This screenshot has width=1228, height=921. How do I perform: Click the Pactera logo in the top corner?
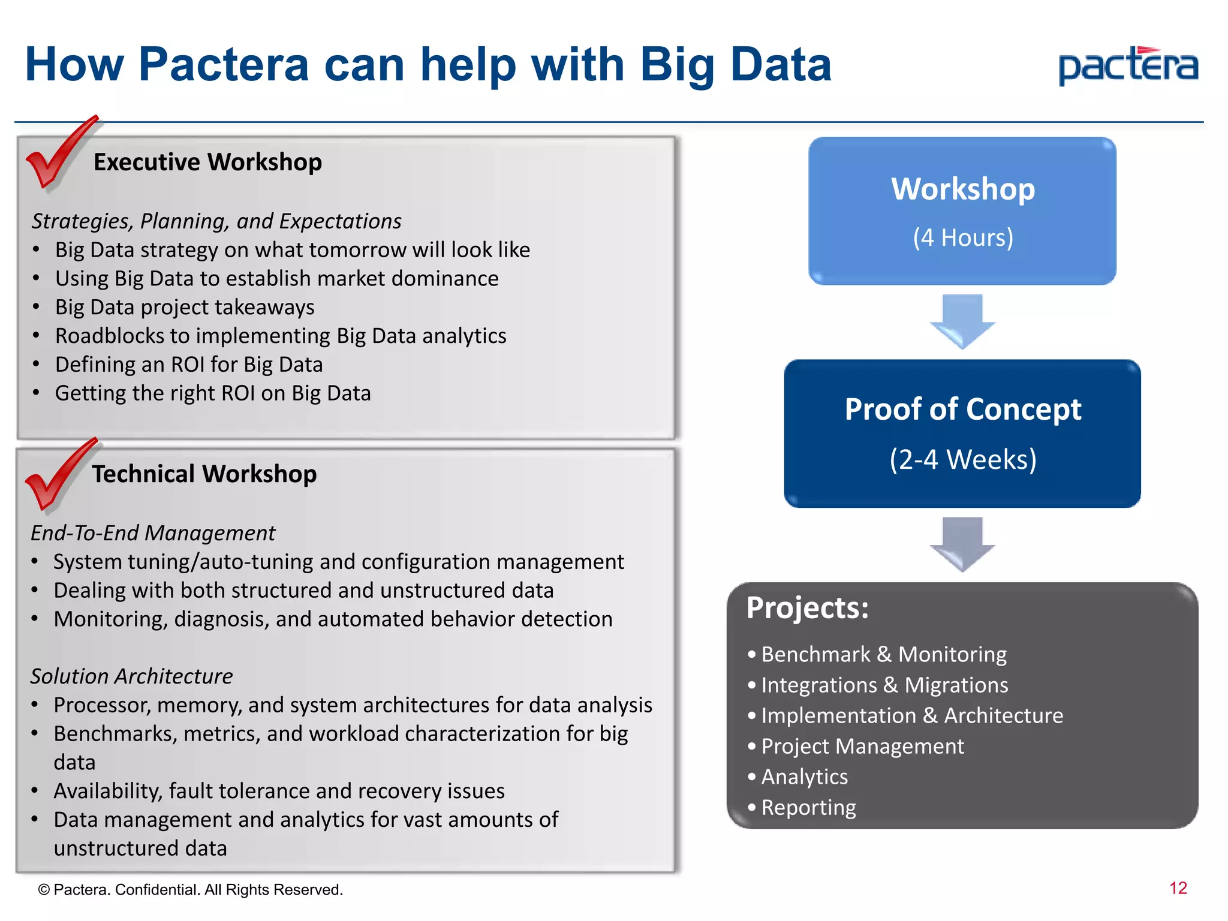point(1128,67)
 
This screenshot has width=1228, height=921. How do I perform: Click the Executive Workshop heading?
point(207,162)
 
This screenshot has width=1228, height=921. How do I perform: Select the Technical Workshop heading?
point(204,474)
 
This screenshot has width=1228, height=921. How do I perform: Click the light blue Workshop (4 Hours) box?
point(962,211)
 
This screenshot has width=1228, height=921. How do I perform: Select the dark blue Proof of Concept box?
point(962,434)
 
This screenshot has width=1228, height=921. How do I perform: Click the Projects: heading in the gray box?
point(807,608)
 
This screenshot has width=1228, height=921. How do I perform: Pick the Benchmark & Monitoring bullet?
point(883,654)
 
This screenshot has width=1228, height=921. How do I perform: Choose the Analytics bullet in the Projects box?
point(804,777)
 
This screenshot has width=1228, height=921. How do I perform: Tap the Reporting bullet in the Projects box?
point(808,808)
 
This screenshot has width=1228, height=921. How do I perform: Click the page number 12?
point(1178,889)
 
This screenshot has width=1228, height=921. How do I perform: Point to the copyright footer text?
point(191,890)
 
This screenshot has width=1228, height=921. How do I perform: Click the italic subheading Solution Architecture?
point(131,676)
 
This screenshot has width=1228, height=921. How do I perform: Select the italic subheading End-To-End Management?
point(153,533)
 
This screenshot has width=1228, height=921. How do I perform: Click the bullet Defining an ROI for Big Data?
point(189,365)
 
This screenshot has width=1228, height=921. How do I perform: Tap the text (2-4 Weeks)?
point(962,460)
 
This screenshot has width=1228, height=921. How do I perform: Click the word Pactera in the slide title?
point(223,65)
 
